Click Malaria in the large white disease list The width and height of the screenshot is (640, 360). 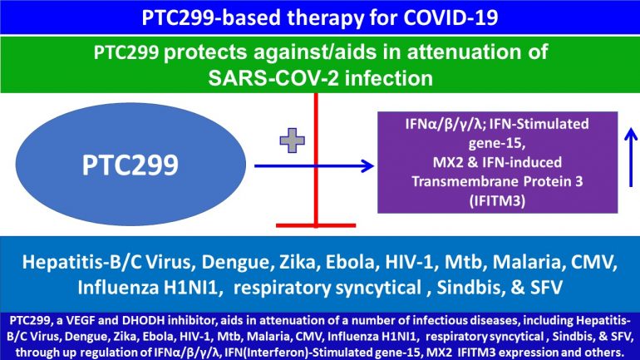click(x=532, y=264)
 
